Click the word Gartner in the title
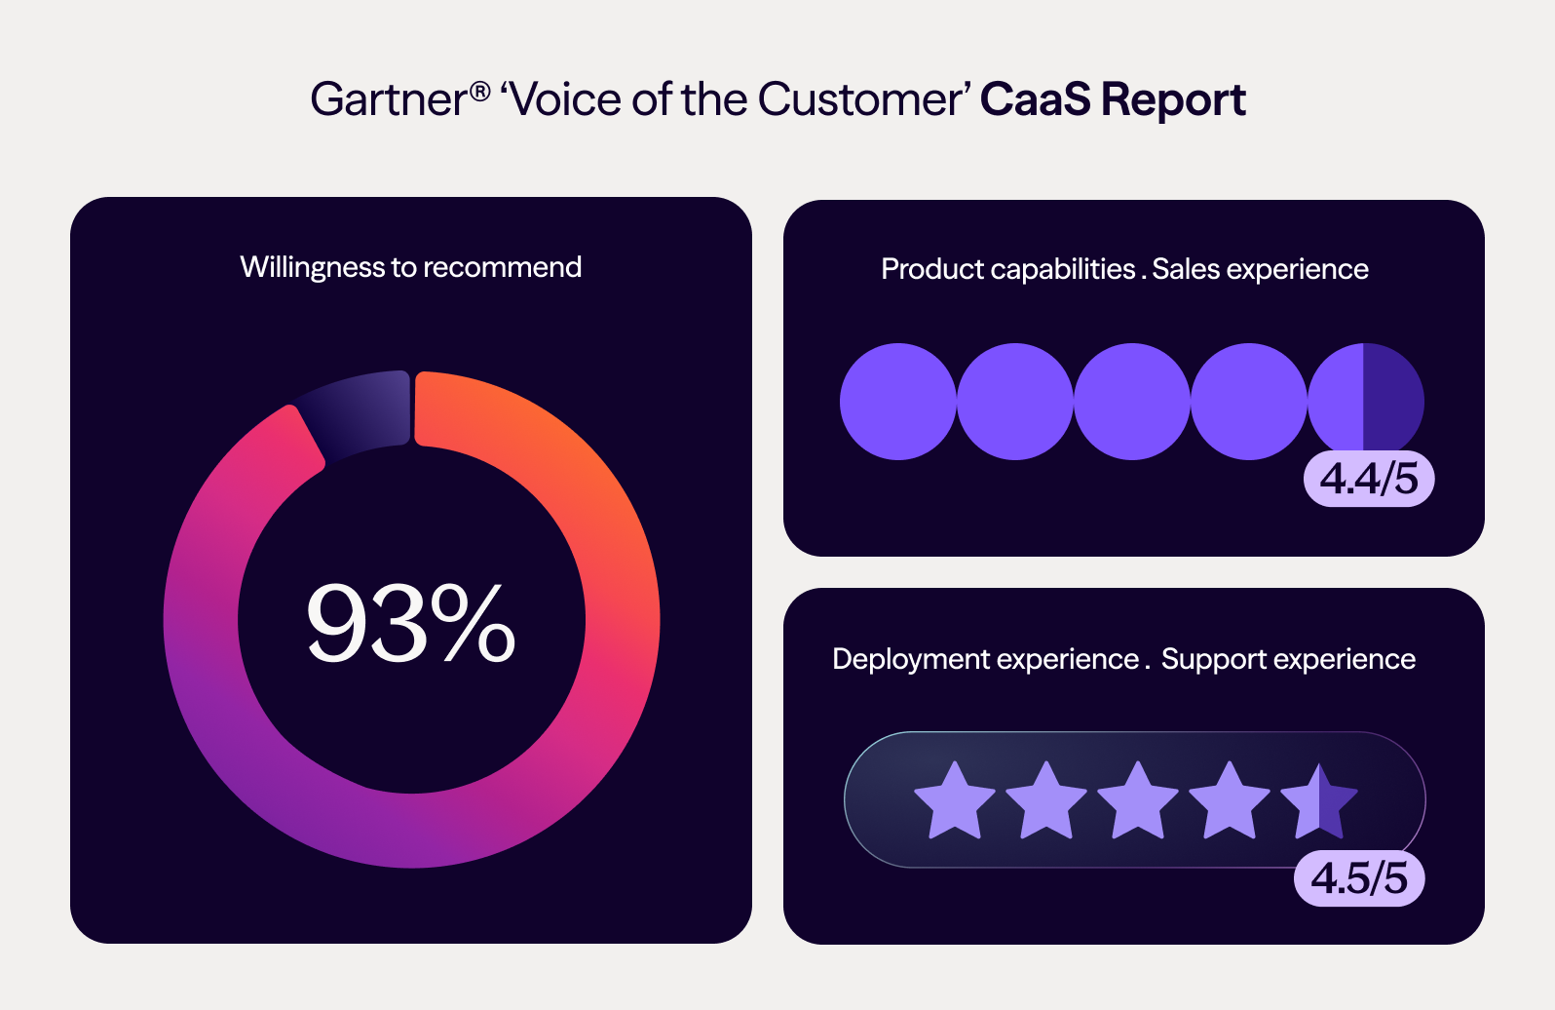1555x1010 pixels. [388, 99]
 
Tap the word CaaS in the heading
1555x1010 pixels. [1035, 99]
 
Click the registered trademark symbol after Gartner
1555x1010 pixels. [479, 92]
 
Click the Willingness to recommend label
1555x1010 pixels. [410, 267]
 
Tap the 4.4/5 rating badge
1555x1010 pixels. [1369, 479]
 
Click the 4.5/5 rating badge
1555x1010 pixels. [1359, 878]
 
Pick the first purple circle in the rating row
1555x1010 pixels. [897, 401]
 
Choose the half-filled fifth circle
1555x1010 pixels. [1365, 401]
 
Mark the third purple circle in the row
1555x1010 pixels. [1131, 401]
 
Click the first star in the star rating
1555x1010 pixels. [955, 801]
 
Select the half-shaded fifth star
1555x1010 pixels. [1319, 801]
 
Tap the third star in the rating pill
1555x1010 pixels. [1137, 801]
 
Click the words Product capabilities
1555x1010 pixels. [1007, 269]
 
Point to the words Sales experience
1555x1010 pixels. [1260, 269]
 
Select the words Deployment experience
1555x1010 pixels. [985, 659]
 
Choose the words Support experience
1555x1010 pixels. [1288, 659]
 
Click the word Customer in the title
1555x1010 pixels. [858, 99]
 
